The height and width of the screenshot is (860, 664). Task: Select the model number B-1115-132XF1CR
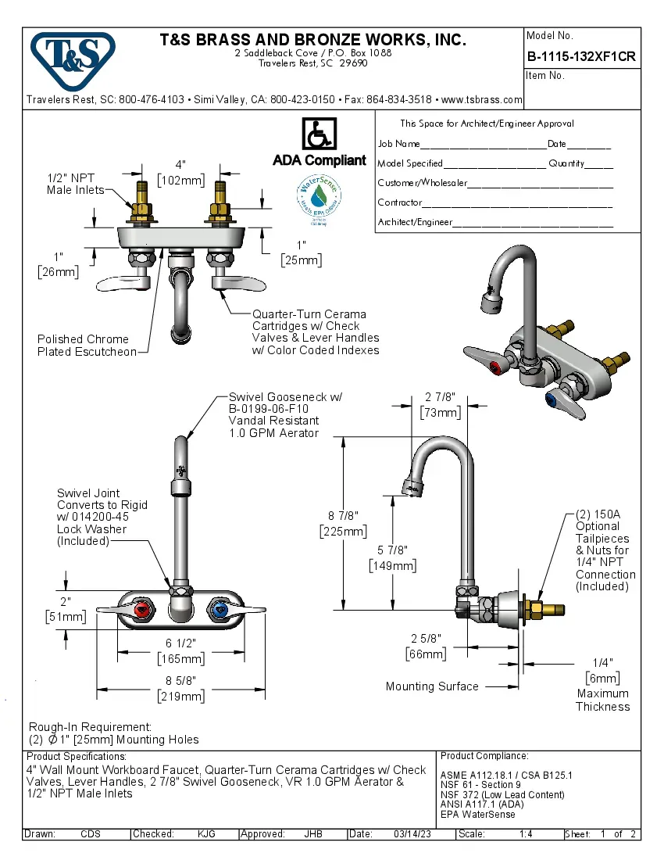click(581, 56)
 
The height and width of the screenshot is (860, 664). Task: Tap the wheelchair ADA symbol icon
click(319, 134)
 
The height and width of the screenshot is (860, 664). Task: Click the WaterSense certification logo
click(319, 199)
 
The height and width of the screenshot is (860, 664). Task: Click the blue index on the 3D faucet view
click(554, 400)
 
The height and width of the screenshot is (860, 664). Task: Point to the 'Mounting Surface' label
click(432, 686)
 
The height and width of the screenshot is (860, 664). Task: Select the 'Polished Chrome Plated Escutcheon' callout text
click(84, 346)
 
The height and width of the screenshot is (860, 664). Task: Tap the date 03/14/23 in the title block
click(412, 834)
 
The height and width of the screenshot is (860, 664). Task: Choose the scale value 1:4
click(526, 834)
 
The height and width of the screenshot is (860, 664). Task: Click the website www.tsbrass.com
click(481, 100)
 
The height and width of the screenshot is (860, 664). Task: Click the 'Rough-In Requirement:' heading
click(90, 727)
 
